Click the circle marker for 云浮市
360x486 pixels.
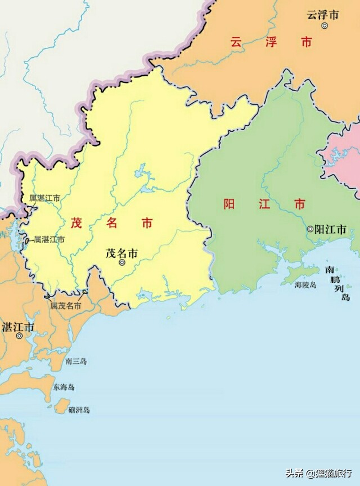point(325,26)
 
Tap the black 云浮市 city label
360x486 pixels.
point(323,15)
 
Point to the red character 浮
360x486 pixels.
point(271,42)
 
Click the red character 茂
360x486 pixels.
point(76,223)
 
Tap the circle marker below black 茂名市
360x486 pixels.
point(122,263)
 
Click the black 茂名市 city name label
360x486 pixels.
point(121,253)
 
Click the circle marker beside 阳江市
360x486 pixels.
point(310,229)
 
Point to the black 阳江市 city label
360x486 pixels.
point(330,229)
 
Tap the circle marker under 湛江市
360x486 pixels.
point(20,336)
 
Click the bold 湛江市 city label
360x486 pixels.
point(19,327)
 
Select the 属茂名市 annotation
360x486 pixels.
point(66,306)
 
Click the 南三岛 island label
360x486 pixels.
point(76,362)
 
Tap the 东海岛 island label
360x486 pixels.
point(64,388)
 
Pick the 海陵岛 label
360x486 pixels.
point(305,285)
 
